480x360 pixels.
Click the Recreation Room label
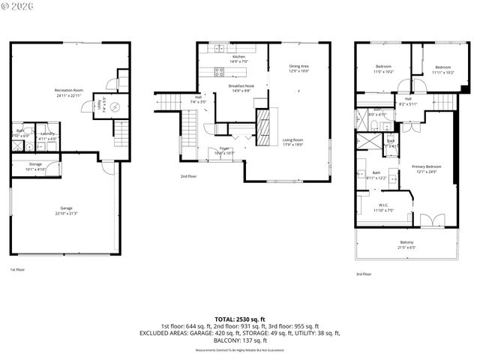coord(68,91)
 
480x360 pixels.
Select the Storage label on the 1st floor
coord(35,163)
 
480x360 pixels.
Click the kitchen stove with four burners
coord(220,73)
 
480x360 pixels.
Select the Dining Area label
coord(299,67)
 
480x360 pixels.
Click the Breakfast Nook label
coord(241,86)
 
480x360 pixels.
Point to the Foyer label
coord(223,148)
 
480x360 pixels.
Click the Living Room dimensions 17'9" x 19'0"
coord(292,145)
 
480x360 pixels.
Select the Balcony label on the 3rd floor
coord(406,242)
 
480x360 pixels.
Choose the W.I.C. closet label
coord(382,205)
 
